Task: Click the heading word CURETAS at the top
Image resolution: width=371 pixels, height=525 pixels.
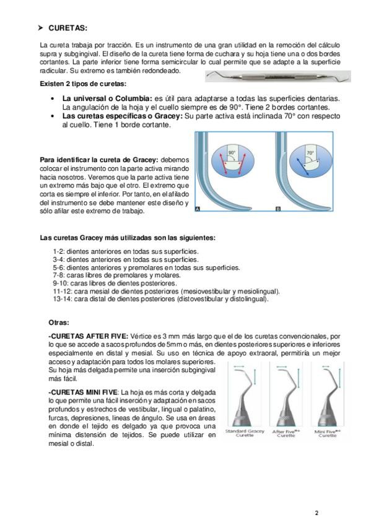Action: pos(68,28)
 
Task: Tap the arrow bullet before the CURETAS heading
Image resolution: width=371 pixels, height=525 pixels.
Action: pos(41,28)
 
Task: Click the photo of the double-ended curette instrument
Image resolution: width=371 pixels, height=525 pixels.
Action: pos(278,76)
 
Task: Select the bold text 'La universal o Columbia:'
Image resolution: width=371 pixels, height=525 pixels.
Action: pos(108,99)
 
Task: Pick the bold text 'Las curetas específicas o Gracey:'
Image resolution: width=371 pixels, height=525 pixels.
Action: pos(123,116)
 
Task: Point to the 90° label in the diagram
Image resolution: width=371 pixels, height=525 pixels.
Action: pos(232,152)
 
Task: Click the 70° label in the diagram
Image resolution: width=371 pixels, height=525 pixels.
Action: pos(310,153)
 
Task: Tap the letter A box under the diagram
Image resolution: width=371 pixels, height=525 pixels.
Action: pos(198,209)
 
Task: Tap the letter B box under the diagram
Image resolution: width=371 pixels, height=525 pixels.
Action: pos(277,209)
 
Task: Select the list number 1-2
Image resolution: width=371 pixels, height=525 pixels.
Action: pos(59,251)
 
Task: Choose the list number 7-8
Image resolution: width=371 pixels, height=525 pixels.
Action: pos(59,276)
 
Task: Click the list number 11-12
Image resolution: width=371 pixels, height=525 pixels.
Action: pos(63,292)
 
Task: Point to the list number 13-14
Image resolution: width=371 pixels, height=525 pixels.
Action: pos(63,299)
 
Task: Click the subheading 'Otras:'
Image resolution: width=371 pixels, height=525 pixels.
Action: pos(59,323)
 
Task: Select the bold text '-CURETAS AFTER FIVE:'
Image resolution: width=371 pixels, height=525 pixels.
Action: pos(89,336)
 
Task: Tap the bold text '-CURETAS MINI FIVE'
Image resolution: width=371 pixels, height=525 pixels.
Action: pos(83,392)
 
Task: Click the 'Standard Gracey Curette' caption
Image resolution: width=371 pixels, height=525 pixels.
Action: pos(245,433)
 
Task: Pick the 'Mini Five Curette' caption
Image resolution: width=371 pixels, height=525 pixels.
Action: pos(328,433)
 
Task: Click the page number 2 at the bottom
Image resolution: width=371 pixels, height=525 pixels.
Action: pos(316,513)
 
